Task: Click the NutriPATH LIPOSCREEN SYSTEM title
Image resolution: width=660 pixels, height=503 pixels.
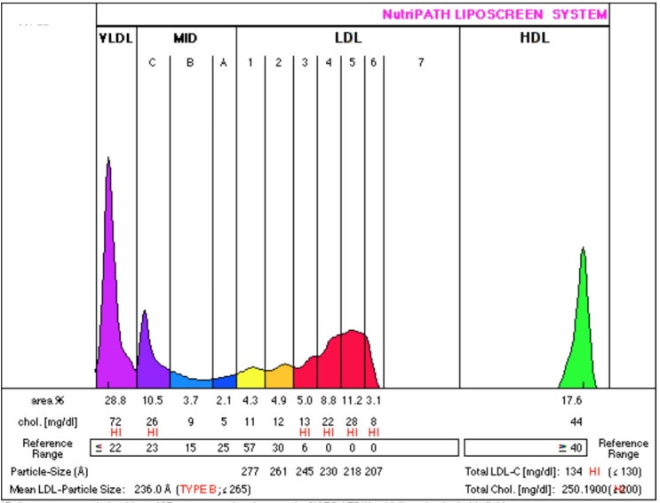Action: [x=495, y=14]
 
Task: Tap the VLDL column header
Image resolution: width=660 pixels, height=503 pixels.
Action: [x=115, y=39]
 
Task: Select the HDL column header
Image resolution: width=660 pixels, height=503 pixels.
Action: [x=534, y=39]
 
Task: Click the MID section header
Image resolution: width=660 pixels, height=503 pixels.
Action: [x=186, y=39]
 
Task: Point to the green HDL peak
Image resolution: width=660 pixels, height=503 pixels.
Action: [x=583, y=310]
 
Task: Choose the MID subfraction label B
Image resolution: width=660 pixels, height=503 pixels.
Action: [x=190, y=62]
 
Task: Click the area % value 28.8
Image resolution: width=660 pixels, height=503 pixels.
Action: [x=116, y=401]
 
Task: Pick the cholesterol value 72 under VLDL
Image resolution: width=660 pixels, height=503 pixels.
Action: [x=116, y=420]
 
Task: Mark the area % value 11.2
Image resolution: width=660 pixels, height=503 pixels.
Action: [x=352, y=401]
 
